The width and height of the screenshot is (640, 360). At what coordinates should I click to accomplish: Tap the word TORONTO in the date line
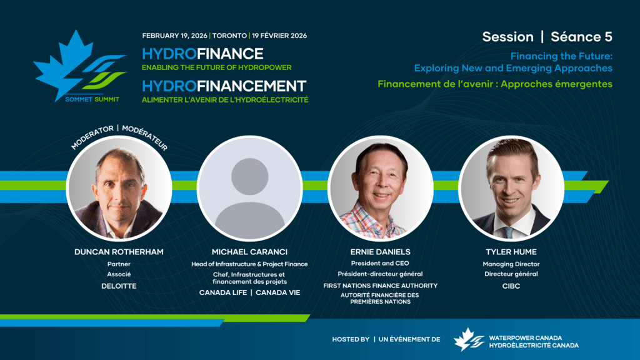click(x=229, y=36)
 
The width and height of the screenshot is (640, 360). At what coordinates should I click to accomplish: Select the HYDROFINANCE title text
click(x=202, y=54)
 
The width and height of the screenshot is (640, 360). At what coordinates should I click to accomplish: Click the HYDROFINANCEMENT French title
click(x=224, y=86)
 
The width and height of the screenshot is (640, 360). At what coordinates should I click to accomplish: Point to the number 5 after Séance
click(x=608, y=37)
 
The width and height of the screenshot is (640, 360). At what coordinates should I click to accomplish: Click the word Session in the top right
click(x=507, y=37)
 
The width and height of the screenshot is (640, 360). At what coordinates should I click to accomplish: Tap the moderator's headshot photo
click(x=119, y=188)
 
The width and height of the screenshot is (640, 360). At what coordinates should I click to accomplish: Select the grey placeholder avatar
click(x=250, y=188)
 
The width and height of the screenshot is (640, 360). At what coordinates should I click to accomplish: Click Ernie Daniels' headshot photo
click(x=381, y=188)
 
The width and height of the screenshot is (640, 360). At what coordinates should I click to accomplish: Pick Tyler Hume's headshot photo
click(x=511, y=188)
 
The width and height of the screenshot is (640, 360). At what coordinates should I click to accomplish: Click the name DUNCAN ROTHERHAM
click(x=119, y=252)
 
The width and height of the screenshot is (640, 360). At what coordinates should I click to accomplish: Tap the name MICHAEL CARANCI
click(x=250, y=252)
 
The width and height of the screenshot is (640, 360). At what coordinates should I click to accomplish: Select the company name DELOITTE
click(x=119, y=286)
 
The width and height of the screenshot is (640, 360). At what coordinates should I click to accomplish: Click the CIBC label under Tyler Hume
click(x=511, y=286)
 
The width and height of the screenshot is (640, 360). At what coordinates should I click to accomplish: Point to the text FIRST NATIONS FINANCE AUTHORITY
click(x=381, y=286)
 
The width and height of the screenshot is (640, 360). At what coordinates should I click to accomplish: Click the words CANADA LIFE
click(x=223, y=292)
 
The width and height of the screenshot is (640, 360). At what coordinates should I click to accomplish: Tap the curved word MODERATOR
click(x=92, y=137)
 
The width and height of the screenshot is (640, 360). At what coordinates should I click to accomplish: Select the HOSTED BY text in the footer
click(x=351, y=339)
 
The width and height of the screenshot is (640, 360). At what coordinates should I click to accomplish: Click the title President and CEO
click(x=380, y=263)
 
